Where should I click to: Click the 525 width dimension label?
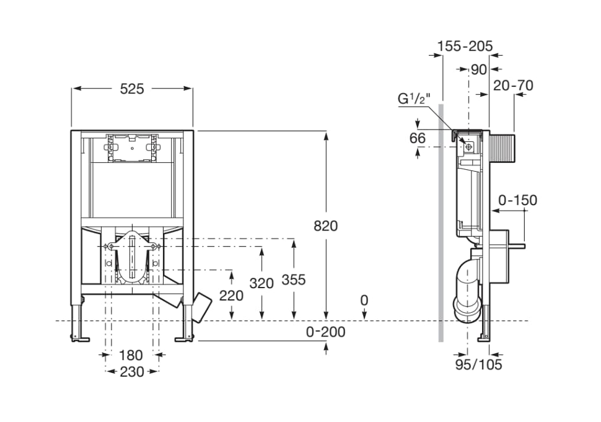click(x=132, y=89)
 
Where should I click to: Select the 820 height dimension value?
click(x=326, y=226)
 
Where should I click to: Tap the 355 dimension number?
click(x=294, y=280)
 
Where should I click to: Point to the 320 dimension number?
click(x=261, y=283)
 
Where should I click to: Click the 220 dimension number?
click(x=231, y=296)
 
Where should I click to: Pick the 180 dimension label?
click(x=131, y=355)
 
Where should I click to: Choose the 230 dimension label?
click(x=132, y=371)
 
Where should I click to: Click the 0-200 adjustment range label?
click(x=326, y=332)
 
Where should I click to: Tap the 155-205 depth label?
click(x=465, y=46)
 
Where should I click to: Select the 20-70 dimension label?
click(x=513, y=85)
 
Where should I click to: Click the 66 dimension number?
click(x=418, y=138)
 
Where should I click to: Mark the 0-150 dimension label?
click(x=518, y=200)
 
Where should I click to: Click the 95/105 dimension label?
click(x=479, y=364)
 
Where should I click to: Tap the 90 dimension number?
click(x=479, y=70)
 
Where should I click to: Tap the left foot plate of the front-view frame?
click(x=80, y=338)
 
